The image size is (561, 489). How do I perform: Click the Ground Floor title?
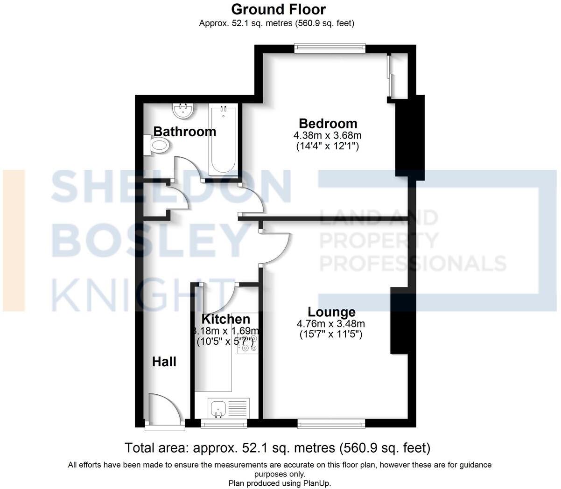click(278, 9)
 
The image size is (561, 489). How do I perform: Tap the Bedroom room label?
click(328, 124)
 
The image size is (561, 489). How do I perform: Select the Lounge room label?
click(331, 312)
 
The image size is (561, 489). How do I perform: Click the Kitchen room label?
click(225, 319)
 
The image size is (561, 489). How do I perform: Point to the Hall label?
click(164, 362)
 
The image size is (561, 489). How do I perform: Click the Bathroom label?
click(185, 132)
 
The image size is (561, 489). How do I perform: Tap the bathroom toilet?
click(156, 146)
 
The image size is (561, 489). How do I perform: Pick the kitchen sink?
click(218, 409)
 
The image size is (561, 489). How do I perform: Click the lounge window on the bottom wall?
click(331, 423)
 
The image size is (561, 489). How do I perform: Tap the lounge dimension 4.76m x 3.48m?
click(330, 324)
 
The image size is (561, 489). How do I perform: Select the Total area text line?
click(277, 448)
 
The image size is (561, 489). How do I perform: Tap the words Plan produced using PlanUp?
click(280, 483)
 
